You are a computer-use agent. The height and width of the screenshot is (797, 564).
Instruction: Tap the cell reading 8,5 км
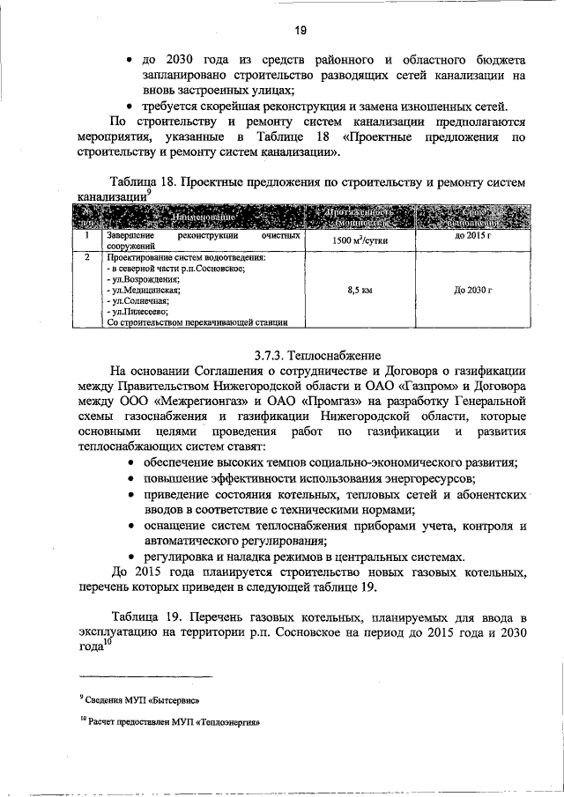click(359, 289)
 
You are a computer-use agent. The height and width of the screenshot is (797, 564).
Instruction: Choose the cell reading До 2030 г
click(472, 289)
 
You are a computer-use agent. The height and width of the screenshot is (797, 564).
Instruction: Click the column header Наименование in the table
click(202, 217)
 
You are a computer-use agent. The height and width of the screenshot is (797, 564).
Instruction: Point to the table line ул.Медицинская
click(143, 289)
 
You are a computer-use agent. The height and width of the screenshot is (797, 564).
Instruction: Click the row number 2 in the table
click(85, 258)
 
